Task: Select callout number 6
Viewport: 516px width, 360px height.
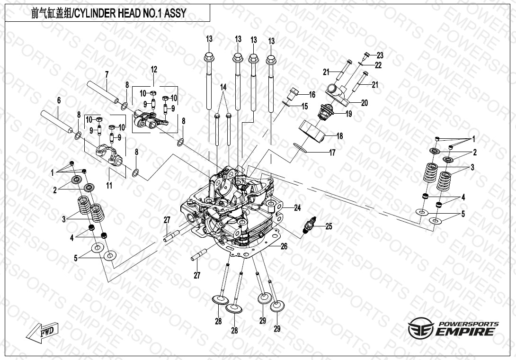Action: [59, 100]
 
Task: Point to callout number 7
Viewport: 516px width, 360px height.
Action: [107, 74]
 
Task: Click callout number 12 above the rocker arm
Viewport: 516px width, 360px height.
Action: [154, 70]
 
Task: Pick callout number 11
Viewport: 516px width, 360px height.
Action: [109, 186]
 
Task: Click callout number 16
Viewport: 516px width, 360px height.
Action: [312, 95]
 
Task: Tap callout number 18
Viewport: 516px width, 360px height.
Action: [339, 136]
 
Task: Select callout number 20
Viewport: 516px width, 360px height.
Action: [364, 102]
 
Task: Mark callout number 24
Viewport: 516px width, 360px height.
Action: [297, 207]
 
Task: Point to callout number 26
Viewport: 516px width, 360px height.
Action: [284, 246]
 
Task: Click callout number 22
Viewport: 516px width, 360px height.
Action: [378, 65]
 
